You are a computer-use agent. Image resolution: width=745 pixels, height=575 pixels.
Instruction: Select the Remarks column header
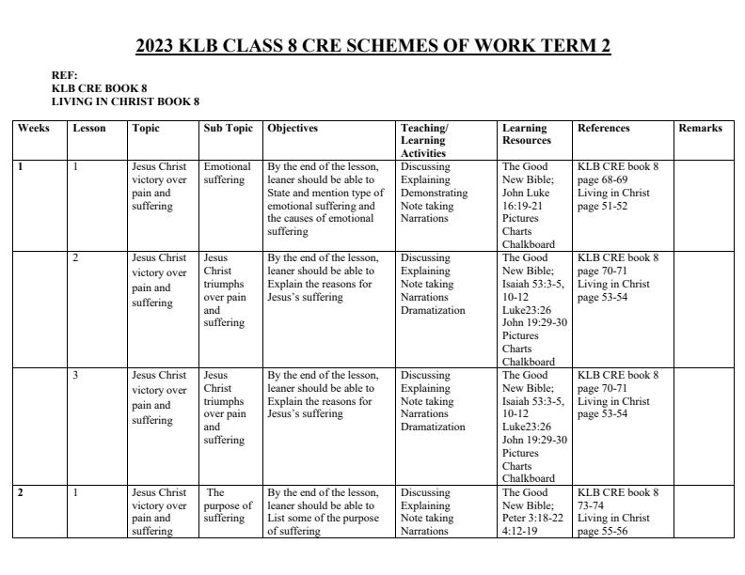pos(700,128)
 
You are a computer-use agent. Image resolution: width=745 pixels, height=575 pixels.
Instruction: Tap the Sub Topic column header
pos(229,128)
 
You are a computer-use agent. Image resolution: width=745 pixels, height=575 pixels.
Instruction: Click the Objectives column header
pos(293,128)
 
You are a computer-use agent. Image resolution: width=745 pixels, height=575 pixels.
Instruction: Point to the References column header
pos(604,128)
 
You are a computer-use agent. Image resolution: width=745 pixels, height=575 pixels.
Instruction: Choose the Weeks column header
pos(34,128)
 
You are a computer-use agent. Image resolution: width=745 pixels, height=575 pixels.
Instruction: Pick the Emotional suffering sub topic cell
pos(227,173)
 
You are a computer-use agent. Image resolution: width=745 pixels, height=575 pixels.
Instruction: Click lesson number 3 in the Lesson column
pos(75,375)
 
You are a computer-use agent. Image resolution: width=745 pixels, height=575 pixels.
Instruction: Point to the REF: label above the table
pos(65,75)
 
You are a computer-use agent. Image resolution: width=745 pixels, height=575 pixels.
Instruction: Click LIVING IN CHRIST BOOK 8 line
pos(125,101)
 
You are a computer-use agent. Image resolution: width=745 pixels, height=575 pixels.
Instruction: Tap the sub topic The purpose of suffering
pos(228,505)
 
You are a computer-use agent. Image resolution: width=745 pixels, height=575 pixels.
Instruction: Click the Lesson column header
pos(89,128)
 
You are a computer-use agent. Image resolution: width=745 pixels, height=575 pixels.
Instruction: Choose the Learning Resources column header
pos(525,134)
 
